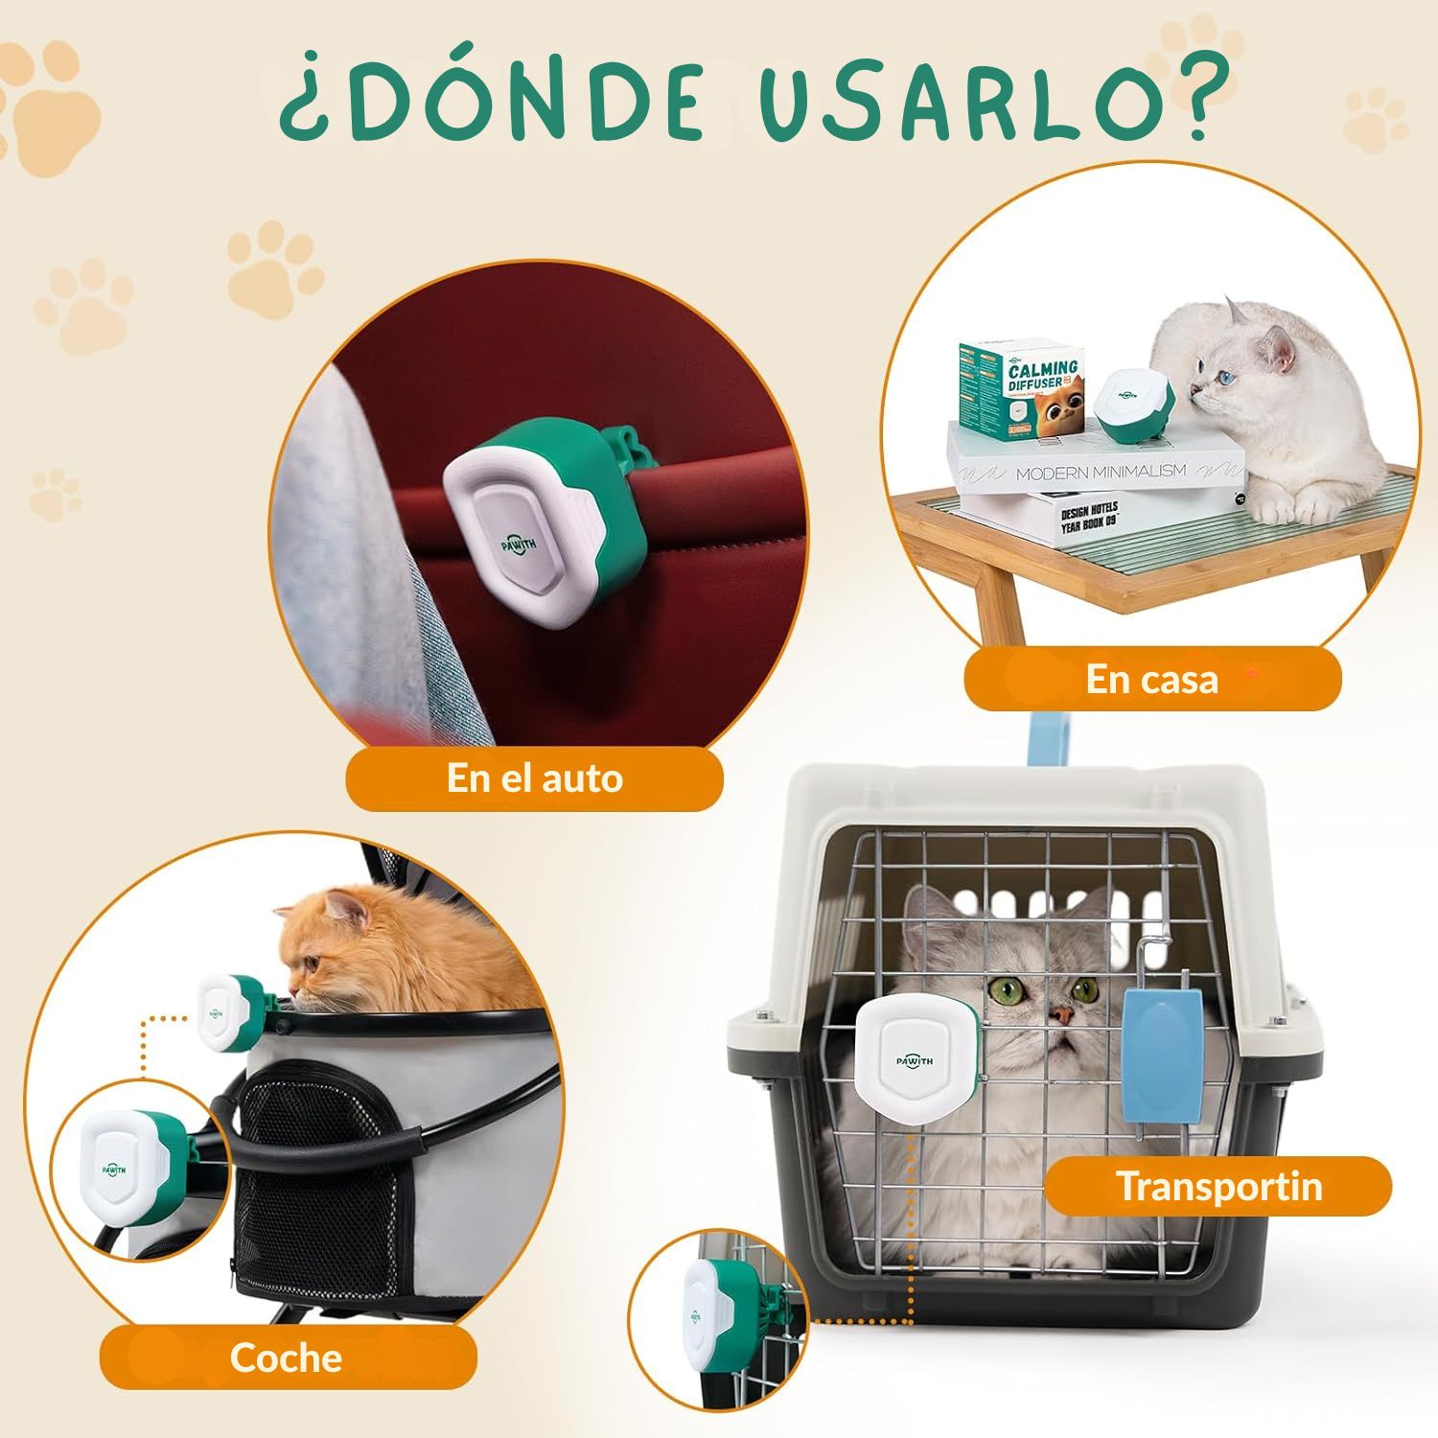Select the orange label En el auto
pos(534,777)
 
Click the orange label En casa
pos(1151,679)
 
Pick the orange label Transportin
pos(1218,1186)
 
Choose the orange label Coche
pos(286,1357)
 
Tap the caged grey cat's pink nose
pos(1059,1014)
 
